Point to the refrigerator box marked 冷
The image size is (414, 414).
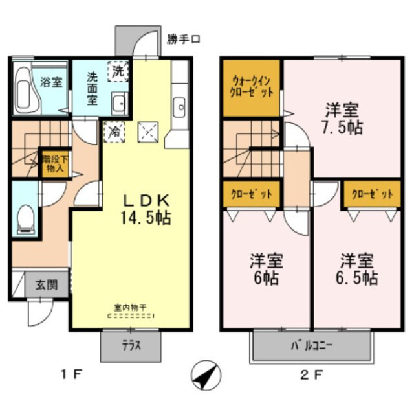[x=114, y=132]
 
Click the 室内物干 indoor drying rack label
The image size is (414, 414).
[x=130, y=306]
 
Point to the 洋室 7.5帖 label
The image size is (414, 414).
[x=342, y=117]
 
